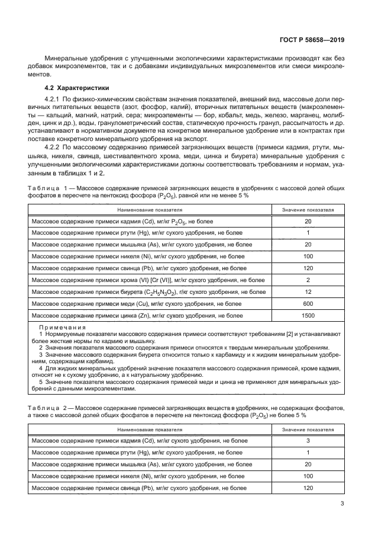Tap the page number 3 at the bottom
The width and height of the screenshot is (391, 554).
(x=342, y=504)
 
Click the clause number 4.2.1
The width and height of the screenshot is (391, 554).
(x=55, y=98)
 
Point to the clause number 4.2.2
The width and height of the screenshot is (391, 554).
(x=55, y=145)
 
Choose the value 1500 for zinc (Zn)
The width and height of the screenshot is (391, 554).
(x=307, y=316)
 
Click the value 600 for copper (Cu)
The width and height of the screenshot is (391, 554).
(x=307, y=304)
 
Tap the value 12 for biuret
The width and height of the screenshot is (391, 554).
(x=307, y=292)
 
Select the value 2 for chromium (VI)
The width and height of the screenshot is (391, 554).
(x=307, y=280)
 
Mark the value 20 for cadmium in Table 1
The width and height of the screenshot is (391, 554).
(x=307, y=222)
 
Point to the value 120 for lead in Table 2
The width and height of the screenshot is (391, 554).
(x=307, y=488)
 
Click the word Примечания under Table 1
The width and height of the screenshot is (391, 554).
(x=62, y=327)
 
